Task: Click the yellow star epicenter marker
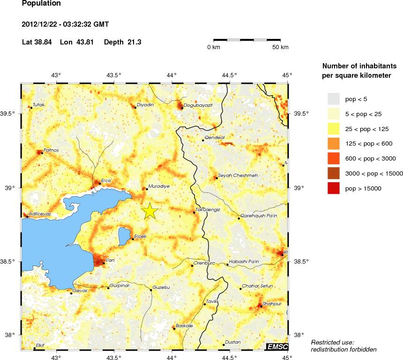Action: (x=149, y=211)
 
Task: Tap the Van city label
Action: (x=111, y=260)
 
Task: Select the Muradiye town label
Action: (x=158, y=186)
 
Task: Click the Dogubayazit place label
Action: (x=198, y=105)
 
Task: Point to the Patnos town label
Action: (x=51, y=150)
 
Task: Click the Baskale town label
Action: (x=184, y=325)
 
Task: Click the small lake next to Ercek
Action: (x=124, y=235)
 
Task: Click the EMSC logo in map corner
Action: (x=277, y=346)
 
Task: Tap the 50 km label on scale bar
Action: (x=281, y=48)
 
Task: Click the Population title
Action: (x=41, y=4)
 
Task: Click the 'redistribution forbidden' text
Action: (x=343, y=349)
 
